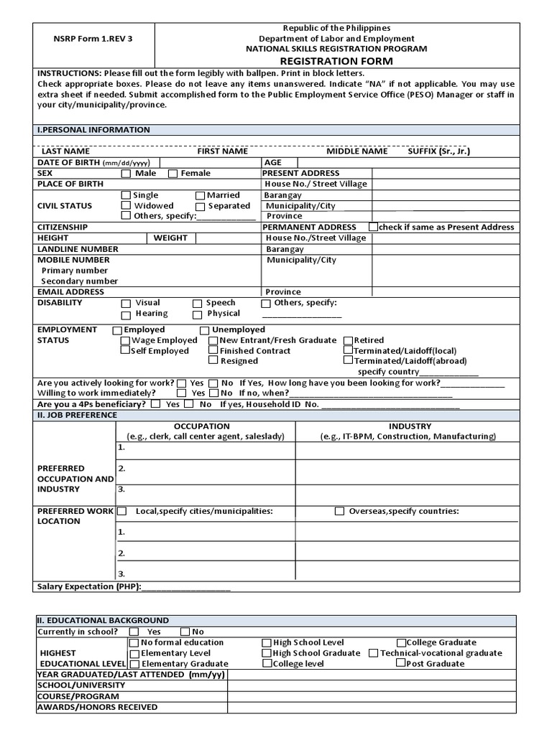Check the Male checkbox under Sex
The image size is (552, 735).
(x=126, y=174)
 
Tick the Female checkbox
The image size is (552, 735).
(x=172, y=174)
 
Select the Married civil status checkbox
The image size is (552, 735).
(x=200, y=195)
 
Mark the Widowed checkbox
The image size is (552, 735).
(x=126, y=206)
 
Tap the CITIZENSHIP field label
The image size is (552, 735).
(x=63, y=227)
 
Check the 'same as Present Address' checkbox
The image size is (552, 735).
(x=372, y=227)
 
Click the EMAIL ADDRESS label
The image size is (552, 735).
(x=70, y=292)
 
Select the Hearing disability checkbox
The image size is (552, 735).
(x=126, y=314)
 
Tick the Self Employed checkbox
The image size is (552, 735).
(x=126, y=351)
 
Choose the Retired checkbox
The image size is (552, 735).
(x=348, y=340)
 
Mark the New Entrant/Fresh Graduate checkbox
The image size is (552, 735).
(x=213, y=340)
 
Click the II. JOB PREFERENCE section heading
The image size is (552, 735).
(x=77, y=415)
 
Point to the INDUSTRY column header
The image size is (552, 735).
(x=409, y=426)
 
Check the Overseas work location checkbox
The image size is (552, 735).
(x=339, y=512)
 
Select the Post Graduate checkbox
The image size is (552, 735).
(x=400, y=664)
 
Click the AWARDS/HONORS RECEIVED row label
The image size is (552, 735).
(x=97, y=707)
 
